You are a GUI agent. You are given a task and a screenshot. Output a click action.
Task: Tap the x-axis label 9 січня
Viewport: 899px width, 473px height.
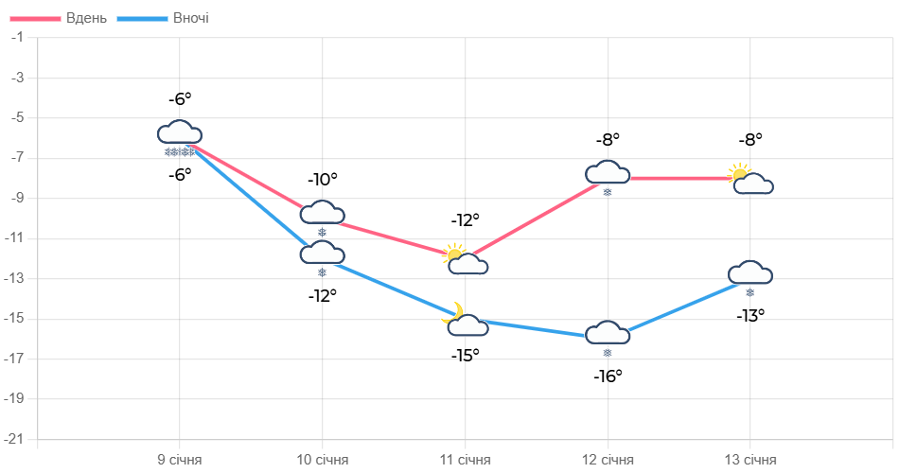coord(180,460)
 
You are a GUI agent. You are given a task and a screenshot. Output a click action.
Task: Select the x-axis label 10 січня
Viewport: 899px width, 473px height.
coord(323,460)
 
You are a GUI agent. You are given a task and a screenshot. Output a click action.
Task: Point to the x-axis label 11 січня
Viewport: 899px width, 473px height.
coord(466,460)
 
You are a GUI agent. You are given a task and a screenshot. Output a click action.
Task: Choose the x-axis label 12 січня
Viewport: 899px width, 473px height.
coord(608,460)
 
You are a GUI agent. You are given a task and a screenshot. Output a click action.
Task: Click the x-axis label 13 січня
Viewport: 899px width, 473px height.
coord(750,460)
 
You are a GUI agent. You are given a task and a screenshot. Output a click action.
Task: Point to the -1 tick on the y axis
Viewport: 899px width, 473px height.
coord(17,36)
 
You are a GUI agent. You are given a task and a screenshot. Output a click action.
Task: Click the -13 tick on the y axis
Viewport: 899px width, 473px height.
coord(14,278)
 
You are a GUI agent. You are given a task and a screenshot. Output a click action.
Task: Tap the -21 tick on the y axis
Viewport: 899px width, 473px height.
coord(14,439)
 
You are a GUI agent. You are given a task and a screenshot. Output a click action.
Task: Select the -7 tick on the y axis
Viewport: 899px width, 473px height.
coord(17,157)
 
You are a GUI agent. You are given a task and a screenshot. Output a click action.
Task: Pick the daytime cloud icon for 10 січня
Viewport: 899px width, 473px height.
coord(323,217)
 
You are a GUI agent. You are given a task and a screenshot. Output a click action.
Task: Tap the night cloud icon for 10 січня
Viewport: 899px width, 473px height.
coord(323,256)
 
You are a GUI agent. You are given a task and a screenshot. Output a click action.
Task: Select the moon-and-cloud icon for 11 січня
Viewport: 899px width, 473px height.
coord(465,321)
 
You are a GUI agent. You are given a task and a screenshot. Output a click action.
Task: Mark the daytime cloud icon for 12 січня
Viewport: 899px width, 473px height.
coord(608,176)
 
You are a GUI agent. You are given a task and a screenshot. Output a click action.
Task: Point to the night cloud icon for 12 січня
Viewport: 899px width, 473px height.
coord(608,337)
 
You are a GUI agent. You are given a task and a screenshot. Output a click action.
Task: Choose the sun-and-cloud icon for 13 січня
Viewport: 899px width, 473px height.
coord(751,179)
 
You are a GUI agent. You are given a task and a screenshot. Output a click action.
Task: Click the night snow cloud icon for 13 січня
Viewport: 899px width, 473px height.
coord(750,276)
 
